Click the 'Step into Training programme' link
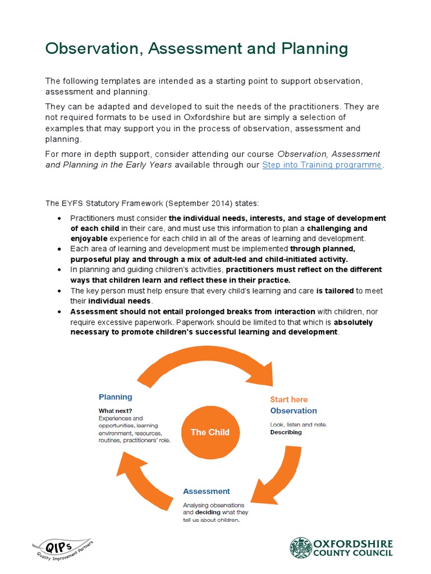[322, 165]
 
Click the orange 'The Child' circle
[210, 432]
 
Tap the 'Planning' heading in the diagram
[116, 397]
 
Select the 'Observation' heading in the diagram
[294, 411]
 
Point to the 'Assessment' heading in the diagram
[207, 491]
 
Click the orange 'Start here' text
[289, 400]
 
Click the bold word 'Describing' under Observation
[286, 432]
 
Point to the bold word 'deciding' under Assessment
[208, 512]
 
